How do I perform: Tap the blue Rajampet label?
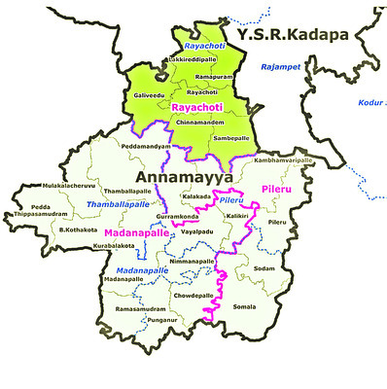(x=280, y=66)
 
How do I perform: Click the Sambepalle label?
(x=231, y=139)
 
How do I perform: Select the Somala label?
(x=246, y=307)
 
